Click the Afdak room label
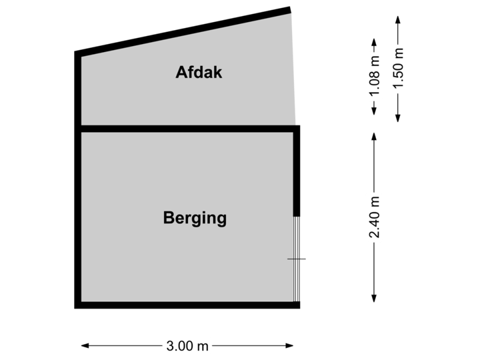199,72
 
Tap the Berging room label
195,218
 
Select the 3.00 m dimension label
187,345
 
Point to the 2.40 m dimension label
375,216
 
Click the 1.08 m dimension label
375,76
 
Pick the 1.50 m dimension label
398,69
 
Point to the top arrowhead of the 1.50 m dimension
398,18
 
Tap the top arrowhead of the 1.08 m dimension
375,43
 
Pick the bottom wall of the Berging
187,305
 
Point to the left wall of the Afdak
78,90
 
